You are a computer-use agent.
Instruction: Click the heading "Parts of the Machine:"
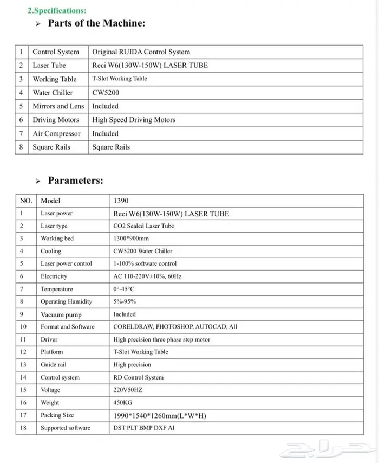click(96, 23)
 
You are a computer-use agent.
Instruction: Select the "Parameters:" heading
click(75, 181)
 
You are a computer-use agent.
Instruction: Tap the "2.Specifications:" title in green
click(57, 10)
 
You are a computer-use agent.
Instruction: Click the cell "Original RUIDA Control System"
click(141, 52)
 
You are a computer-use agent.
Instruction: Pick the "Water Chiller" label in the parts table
click(53, 93)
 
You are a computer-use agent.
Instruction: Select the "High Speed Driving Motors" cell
click(134, 120)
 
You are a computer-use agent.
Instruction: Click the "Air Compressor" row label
click(56, 133)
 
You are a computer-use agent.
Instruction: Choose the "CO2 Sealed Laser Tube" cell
click(143, 226)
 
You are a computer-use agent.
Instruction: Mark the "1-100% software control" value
click(145, 263)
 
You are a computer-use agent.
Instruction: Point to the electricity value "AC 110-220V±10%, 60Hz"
click(147, 276)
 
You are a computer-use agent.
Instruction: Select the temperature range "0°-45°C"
click(123, 289)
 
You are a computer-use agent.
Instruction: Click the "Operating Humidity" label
click(66, 301)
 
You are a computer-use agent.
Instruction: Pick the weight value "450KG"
click(122, 403)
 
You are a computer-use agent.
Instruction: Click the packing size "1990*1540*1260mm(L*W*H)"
click(160, 415)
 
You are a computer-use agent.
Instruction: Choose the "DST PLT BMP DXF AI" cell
click(144, 428)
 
